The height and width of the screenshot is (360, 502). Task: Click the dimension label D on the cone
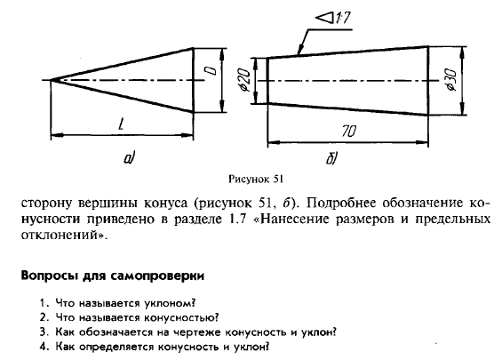coord(211,70)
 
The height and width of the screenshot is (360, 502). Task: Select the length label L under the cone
coord(121,124)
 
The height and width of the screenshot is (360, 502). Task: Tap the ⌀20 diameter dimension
coord(245,80)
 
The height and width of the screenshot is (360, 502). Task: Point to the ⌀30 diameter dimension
coord(451,80)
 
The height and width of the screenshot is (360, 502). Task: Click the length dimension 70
coord(349,132)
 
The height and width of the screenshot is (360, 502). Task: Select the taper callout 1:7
coord(342,18)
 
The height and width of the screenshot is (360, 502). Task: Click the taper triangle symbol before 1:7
coord(324,17)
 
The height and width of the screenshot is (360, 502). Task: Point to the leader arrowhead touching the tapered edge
coord(299,52)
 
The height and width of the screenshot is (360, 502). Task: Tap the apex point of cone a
coord(52,80)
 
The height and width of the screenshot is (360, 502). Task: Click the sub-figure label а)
coord(130,158)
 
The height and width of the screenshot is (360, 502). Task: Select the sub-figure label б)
coord(331,159)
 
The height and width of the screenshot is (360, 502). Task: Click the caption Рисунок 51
coord(256,179)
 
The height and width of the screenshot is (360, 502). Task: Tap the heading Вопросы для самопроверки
coord(112,276)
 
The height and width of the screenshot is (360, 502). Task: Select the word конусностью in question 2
coord(181,317)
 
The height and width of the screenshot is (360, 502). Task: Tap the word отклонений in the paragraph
coord(63,236)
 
